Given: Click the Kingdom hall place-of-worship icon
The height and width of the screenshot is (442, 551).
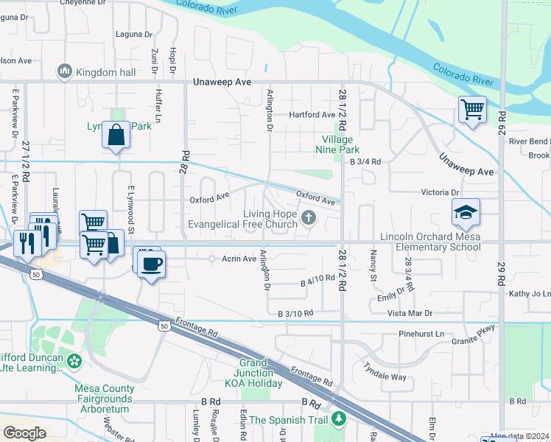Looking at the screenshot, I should click(64, 71).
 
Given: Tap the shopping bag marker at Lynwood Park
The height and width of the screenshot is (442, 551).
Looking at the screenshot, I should click(116, 136).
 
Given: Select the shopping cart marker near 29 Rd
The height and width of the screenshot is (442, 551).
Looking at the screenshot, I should click(472, 110).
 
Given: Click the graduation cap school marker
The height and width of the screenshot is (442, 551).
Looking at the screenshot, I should click(466, 213).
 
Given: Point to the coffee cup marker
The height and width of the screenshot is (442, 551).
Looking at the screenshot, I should click(152, 264).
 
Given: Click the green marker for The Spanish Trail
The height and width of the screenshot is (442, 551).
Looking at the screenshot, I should click(338, 420).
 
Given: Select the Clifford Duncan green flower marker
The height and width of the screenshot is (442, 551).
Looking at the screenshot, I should click(73, 362).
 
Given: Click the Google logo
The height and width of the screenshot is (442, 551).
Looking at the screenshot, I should click(24, 432).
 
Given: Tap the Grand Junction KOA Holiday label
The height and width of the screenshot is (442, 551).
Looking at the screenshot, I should click(259, 373).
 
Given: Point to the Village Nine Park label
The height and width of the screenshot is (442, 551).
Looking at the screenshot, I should click(337, 144).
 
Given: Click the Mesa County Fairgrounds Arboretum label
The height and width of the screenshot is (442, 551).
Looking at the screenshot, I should click(105, 399).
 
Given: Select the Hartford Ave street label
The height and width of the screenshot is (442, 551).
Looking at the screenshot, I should click(312, 115).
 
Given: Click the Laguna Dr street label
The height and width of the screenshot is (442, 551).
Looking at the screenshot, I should click(134, 34).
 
